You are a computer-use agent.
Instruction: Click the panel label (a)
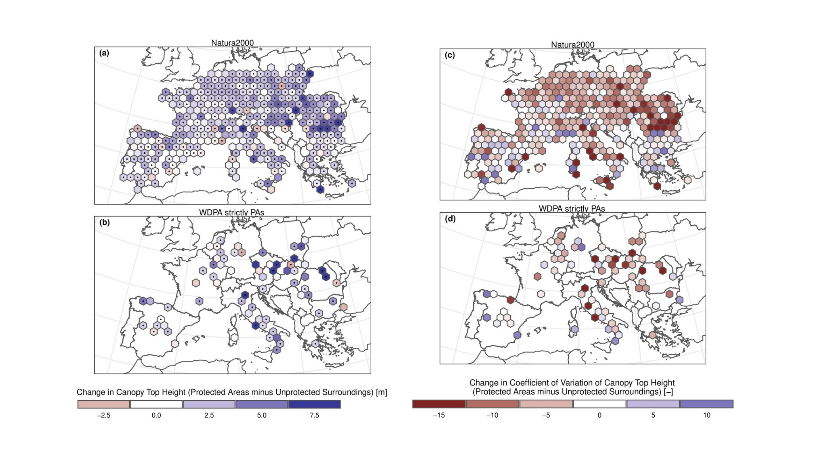point(104,53)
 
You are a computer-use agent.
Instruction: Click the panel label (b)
point(104,222)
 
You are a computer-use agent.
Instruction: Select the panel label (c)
point(449,55)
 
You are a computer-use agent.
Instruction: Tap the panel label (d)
point(450,219)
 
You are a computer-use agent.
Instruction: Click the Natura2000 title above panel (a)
point(232,43)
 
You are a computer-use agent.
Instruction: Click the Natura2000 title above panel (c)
point(572,45)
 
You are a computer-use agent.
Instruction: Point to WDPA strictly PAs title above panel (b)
point(231,212)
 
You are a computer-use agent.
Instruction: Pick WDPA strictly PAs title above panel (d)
point(572,208)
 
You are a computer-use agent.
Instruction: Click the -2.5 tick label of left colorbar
point(103,415)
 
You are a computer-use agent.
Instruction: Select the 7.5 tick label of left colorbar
point(314,415)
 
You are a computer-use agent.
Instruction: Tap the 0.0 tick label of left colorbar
point(156,415)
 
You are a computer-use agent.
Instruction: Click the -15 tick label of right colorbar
point(439,415)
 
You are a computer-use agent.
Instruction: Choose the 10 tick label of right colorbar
point(707,415)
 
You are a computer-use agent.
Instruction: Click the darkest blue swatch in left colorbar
point(314,404)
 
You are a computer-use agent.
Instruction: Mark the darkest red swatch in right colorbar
point(439,404)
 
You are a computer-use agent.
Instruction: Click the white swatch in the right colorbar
point(600,404)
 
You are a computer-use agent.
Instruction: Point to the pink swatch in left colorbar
point(104,404)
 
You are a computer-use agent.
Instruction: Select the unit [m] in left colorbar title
point(382,392)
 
